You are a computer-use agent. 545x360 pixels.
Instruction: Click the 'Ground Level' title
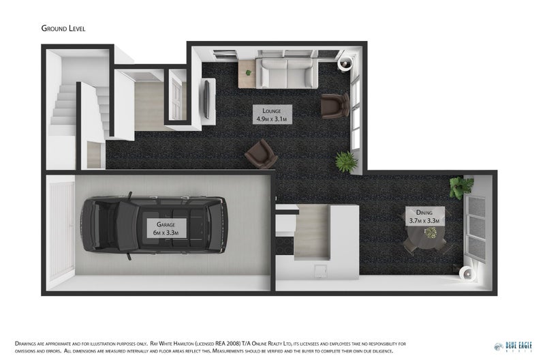(63, 28)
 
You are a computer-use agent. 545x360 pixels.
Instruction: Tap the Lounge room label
(272, 114)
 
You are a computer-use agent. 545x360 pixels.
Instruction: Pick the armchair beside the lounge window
(334, 105)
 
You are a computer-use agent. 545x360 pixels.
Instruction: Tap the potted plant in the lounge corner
(346, 162)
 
